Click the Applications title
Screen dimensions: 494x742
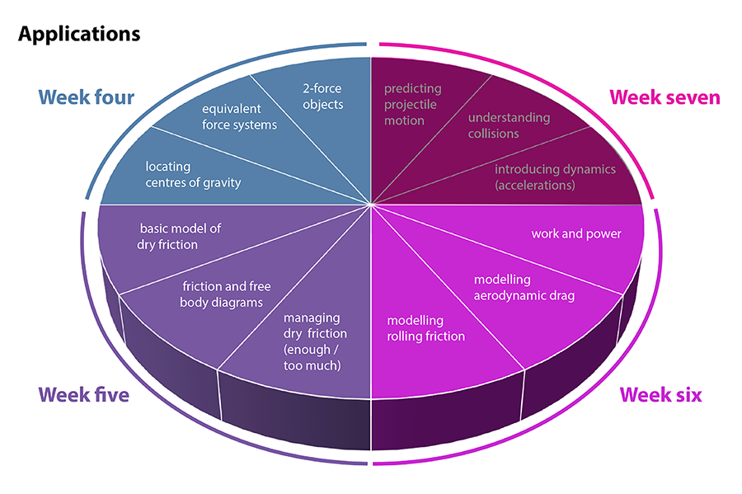coord(79,34)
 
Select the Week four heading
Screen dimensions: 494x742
coord(86,97)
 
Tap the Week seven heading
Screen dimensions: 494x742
coord(665,97)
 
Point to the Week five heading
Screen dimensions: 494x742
coord(83,395)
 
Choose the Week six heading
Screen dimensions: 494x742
coord(660,395)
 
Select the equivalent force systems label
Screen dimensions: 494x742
coord(239,116)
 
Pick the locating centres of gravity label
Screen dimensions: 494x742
coord(193,174)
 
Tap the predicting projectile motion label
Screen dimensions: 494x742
coord(413,104)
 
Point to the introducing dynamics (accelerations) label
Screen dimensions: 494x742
coord(555,176)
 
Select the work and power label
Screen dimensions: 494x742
coord(575,233)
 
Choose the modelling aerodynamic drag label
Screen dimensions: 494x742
coord(524,287)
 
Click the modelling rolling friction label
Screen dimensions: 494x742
coord(426,327)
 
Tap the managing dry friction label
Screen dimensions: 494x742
coord(315,341)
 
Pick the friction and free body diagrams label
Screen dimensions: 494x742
coord(226,294)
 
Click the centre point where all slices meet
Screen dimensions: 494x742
coord(371,205)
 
